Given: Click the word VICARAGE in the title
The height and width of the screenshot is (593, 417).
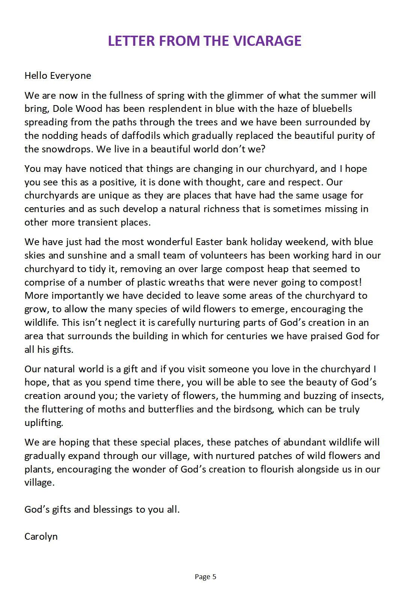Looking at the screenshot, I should [267, 41].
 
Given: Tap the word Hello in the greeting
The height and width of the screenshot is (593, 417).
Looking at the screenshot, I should [36, 76].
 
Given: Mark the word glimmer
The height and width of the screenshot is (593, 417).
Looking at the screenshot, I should [245, 95].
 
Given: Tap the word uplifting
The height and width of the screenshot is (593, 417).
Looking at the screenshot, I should [44, 423].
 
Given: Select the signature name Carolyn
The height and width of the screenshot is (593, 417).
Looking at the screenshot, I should [41, 536].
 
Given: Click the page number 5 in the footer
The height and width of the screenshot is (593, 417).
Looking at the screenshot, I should [214, 577].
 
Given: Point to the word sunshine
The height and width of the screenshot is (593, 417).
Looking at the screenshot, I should [87, 255].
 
